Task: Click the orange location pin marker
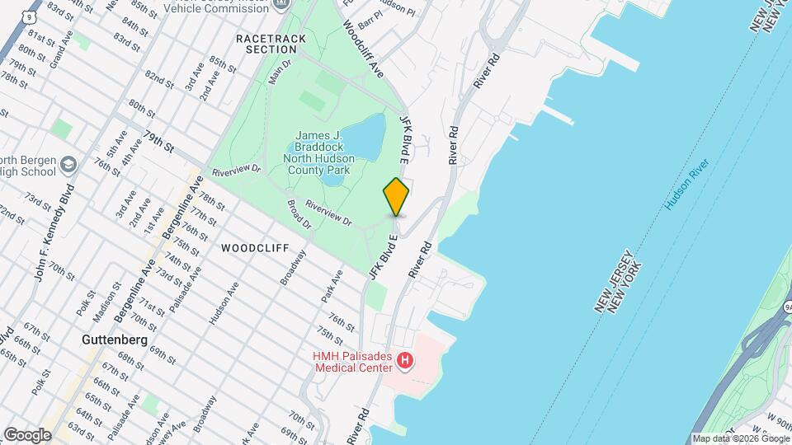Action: point(397,196)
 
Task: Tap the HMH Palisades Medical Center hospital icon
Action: point(404,361)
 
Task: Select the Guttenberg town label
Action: point(115,340)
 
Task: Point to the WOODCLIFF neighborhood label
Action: point(254,247)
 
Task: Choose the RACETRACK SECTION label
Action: point(271,44)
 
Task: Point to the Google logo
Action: point(27,434)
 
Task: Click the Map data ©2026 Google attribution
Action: point(740,438)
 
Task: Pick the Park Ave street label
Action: point(332,283)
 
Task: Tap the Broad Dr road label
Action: point(299,213)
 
